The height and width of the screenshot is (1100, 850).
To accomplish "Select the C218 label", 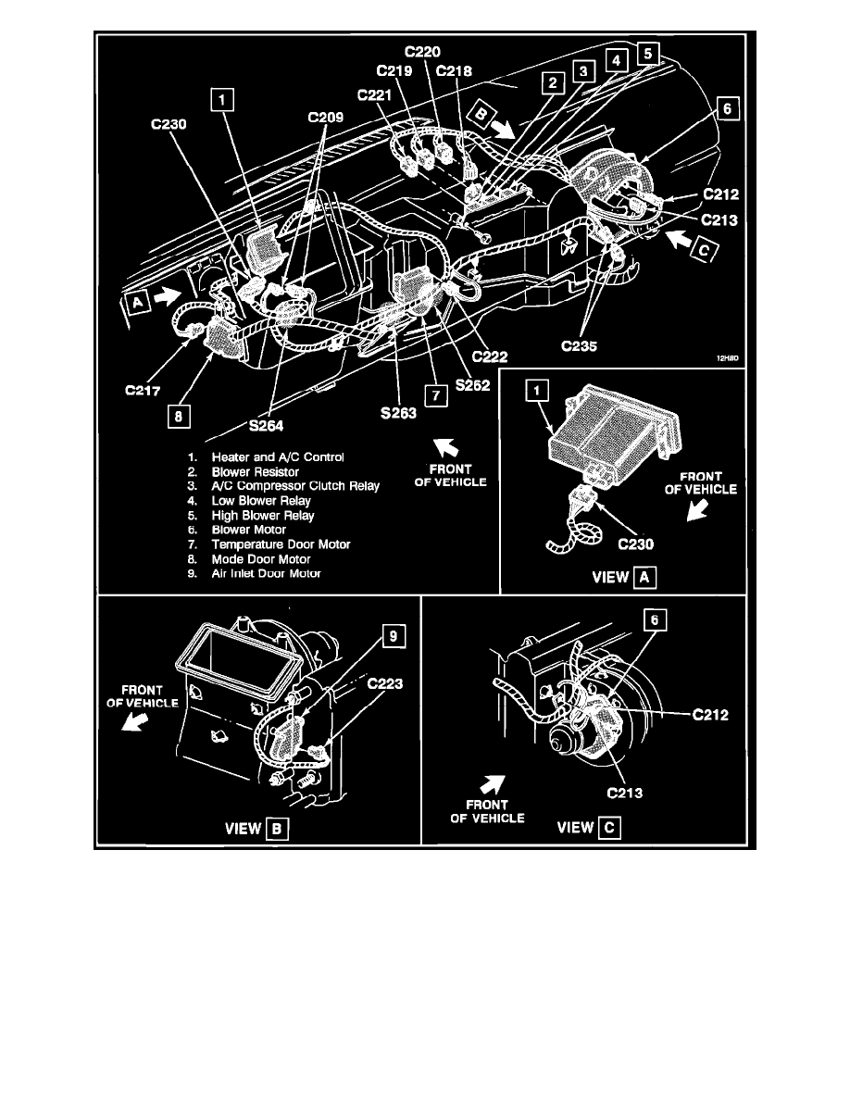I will [455, 72].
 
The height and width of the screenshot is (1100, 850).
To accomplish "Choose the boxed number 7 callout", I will [431, 393].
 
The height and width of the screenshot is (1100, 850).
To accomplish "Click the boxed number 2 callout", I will [553, 83].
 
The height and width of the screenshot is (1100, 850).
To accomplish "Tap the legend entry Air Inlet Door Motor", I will [266, 573].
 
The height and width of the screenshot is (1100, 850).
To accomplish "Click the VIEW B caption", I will [258, 829].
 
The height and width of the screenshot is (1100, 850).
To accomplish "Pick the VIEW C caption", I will [587, 827].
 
